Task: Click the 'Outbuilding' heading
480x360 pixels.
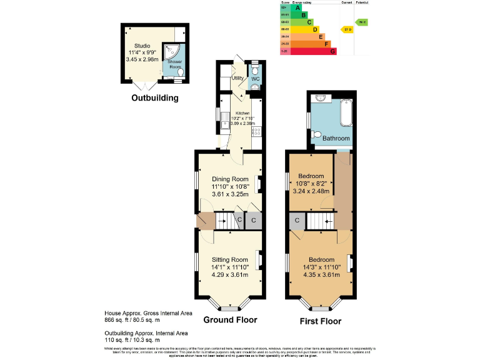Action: pos(154,98)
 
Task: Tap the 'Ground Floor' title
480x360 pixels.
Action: pos(230,320)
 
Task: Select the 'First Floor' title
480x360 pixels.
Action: pos(320,321)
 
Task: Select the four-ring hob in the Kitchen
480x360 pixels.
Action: pos(256,132)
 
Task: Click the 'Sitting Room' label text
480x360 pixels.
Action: pos(230,259)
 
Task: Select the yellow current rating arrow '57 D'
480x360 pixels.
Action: pos(347,29)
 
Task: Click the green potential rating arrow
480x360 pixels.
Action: pos(362,22)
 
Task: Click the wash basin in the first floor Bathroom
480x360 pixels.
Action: pos(320,98)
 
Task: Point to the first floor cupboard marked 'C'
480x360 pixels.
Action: pos(297,221)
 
